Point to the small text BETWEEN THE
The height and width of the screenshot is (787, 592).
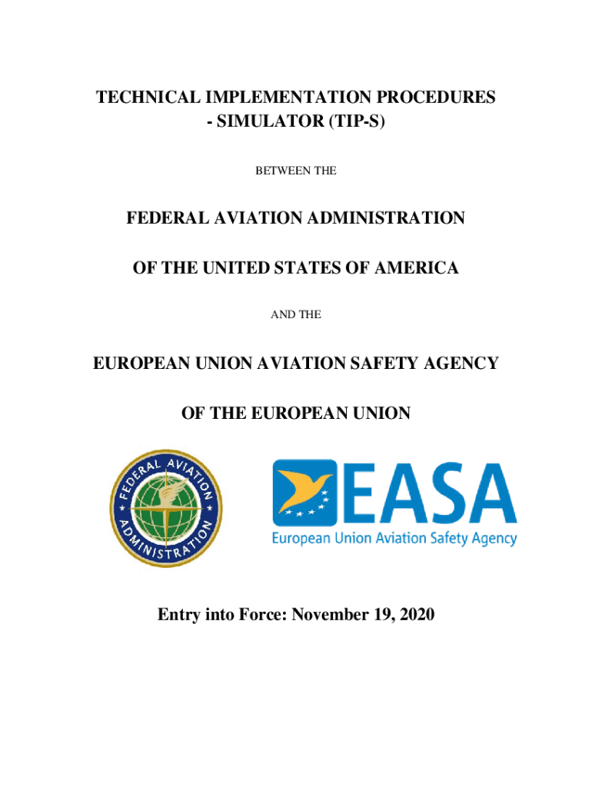click(x=295, y=171)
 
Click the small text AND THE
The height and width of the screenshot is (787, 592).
click(x=295, y=314)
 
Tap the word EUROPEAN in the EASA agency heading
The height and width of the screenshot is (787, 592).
click(x=141, y=363)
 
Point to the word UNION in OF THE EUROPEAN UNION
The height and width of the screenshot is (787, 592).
click(x=380, y=413)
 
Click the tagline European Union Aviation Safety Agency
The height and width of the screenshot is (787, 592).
click(x=394, y=538)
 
